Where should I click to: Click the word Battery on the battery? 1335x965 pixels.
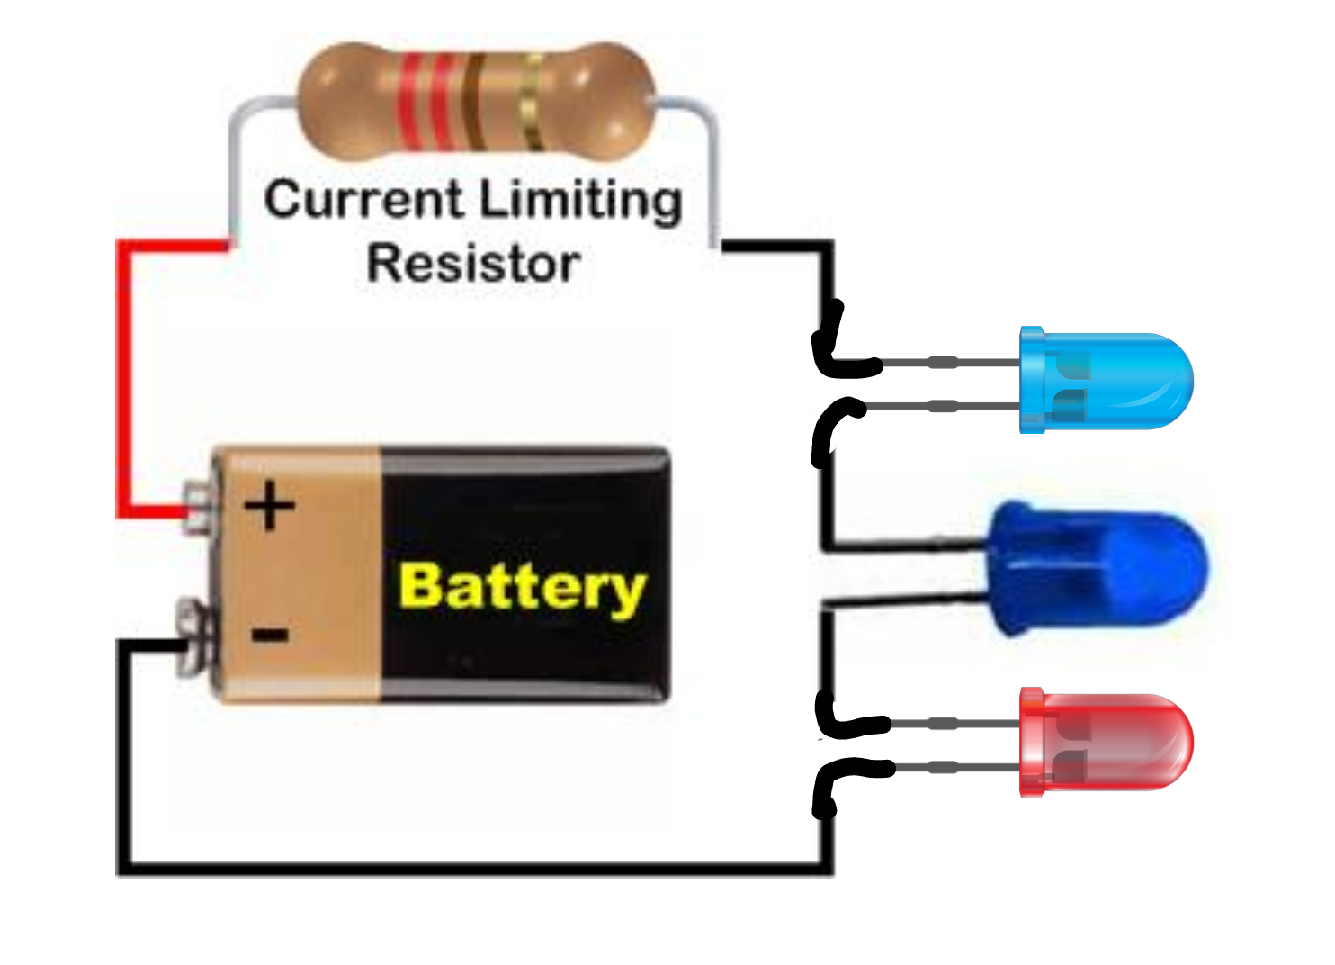click(x=522, y=588)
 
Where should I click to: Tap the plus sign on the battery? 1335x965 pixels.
click(x=269, y=506)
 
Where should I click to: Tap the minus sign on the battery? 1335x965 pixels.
click(x=269, y=636)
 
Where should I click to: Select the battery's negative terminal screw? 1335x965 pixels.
click(x=193, y=637)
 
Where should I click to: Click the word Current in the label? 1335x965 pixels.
click(x=363, y=200)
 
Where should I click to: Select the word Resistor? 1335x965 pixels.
click(x=473, y=265)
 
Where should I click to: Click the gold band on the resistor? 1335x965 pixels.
click(x=533, y=101)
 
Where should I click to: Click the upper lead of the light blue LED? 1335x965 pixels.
click(x=945, y=363)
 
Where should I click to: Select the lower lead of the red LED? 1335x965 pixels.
click(x=945, y=768)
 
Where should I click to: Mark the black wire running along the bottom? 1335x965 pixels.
click(x=468, y=869)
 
